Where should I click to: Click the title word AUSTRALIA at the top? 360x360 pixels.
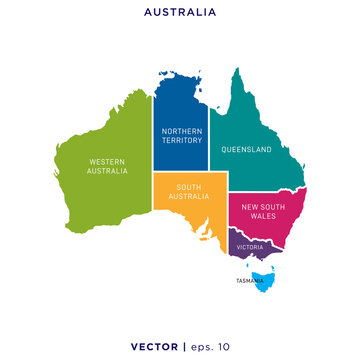(180, 13)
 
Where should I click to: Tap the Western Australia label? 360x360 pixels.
(107, 166)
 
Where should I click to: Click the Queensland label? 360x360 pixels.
(246, 149)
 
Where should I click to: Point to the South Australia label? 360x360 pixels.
(191, 190)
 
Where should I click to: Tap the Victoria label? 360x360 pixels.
(250, 246)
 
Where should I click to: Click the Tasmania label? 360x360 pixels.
(251, 281)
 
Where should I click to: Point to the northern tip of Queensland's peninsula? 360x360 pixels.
(238, 70)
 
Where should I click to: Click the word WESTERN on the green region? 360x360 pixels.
(107, 161)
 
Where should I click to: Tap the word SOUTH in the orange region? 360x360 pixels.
(191, 185)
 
